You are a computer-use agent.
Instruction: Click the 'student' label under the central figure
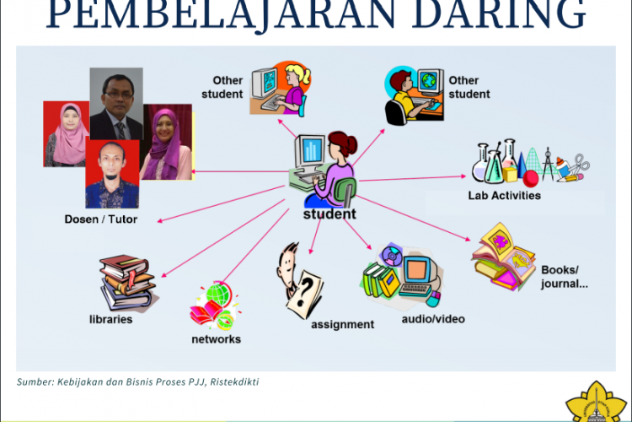(329, 214)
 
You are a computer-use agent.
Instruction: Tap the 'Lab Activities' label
(505, 196)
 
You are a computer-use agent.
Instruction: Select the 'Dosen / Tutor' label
(100, 219)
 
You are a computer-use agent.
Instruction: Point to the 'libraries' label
(111, 320)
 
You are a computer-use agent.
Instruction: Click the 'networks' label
(216, 339)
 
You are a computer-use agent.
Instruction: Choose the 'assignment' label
(342, 324)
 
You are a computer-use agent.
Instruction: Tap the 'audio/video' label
(433, 319)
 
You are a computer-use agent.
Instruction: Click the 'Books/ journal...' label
(564, 277)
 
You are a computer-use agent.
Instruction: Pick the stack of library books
(127, 282)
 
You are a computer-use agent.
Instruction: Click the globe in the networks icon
(218, 295)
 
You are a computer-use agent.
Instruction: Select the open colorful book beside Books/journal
(504, 257)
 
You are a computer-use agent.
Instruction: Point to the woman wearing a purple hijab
(167, 143)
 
